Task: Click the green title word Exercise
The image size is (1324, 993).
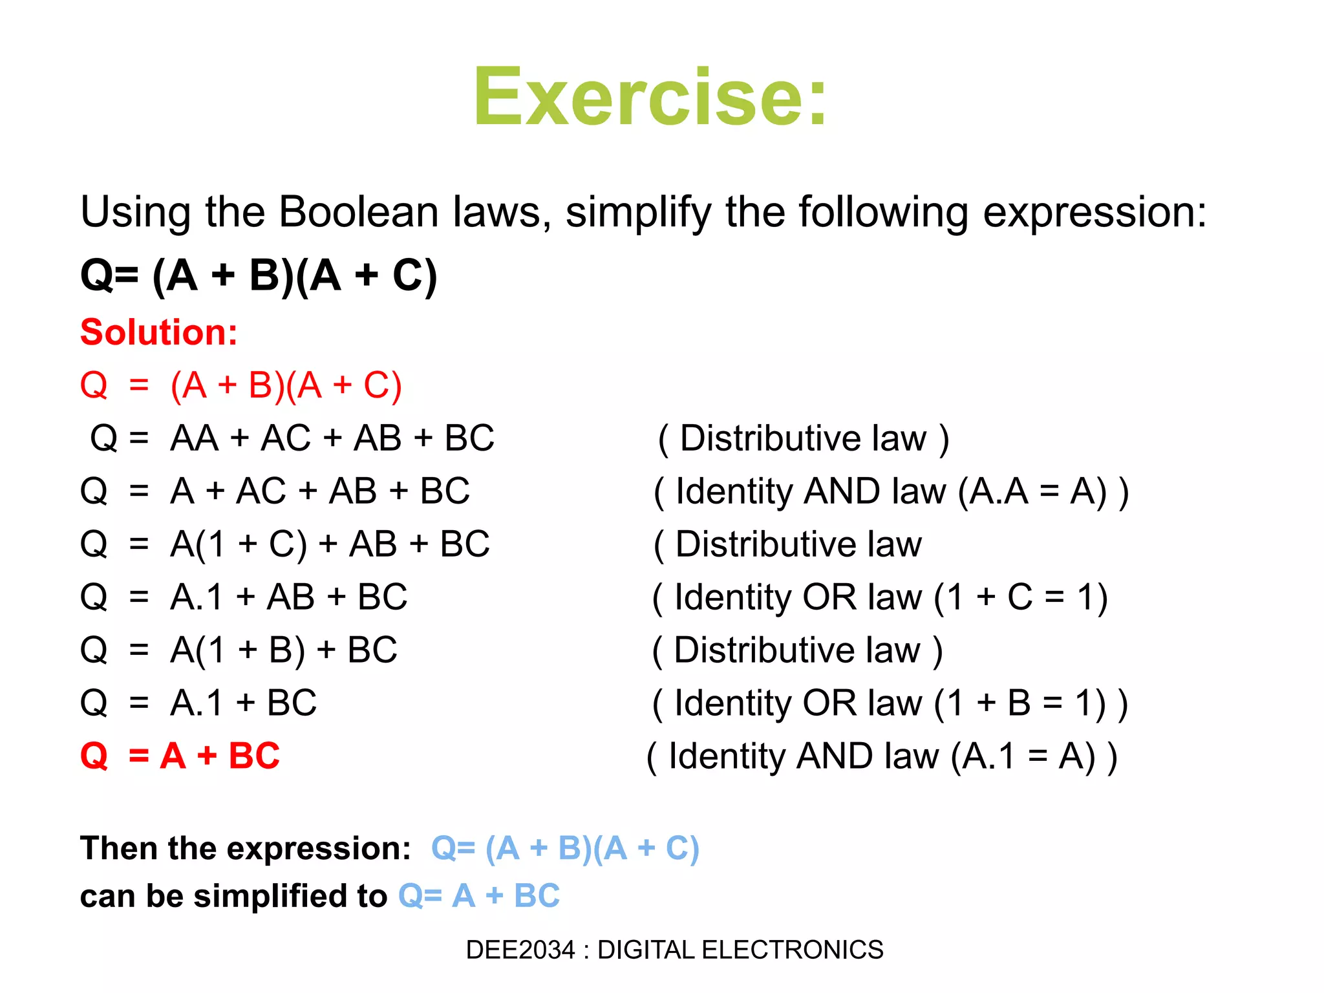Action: (650, 97)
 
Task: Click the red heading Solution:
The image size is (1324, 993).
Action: (159, 332)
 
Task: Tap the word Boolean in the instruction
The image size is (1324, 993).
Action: (359, 212)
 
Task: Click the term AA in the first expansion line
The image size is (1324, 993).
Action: (195, 438)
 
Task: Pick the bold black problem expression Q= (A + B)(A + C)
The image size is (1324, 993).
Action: (259, 275)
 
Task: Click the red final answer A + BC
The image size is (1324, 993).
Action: (220, 756)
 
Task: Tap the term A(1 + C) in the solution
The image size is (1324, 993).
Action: (239, 544)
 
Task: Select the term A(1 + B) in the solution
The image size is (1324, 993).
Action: (237, 650)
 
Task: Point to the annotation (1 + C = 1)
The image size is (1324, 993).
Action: (1021, 597)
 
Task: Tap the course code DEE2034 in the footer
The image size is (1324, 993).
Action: (520, 950)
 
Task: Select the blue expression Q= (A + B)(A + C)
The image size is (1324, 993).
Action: (565, 849)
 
